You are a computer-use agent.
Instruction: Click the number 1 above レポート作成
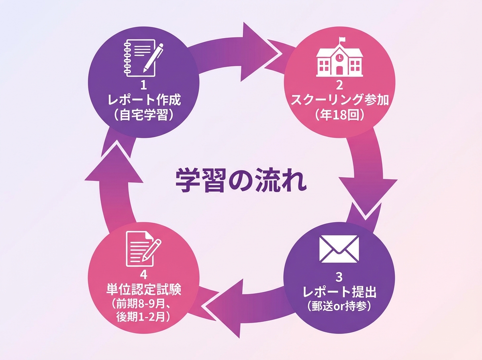tap(143, 85)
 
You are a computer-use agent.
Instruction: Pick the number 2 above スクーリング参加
tap(339, 85)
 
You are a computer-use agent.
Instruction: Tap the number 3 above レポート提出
tap(339, 277)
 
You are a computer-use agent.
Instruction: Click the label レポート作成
tap(143, 99)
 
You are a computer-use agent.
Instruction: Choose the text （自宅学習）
tap(143, 115)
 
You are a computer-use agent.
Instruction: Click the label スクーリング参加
tap(339, 99)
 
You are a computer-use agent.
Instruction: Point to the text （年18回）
tap(339, 115)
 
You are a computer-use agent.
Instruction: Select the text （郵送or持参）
tap(339, 306)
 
